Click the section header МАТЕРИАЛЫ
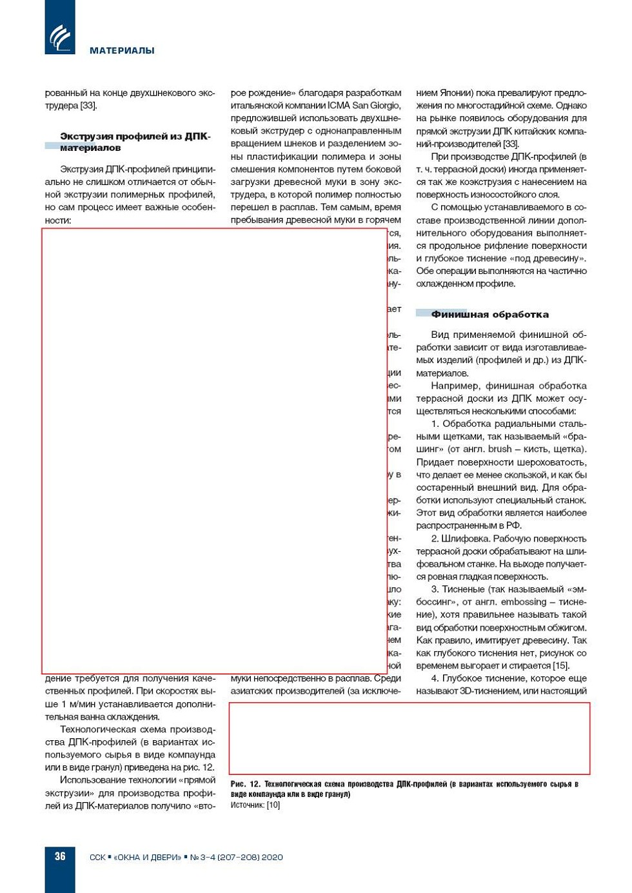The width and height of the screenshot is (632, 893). [x=122, y=50]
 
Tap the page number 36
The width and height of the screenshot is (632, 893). [x=60, y=856]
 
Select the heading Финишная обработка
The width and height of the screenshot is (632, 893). [x=489, y=315]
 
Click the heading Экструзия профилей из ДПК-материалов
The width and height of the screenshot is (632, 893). [x=135, y=142]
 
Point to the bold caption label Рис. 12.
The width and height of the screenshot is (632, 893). [x=245, y=784]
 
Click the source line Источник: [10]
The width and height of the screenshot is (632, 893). [x=255, y=805]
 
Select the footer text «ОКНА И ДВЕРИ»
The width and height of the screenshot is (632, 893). [x=148, y=857]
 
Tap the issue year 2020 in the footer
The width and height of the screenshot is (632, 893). [x=271, y=857]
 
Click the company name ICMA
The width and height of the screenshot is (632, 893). [x=339, y=105]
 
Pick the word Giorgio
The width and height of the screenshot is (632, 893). [x=384, y=105]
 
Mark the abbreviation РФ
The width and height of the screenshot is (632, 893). [x=514, y=525]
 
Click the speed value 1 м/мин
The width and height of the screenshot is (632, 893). [x=84, y=703]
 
